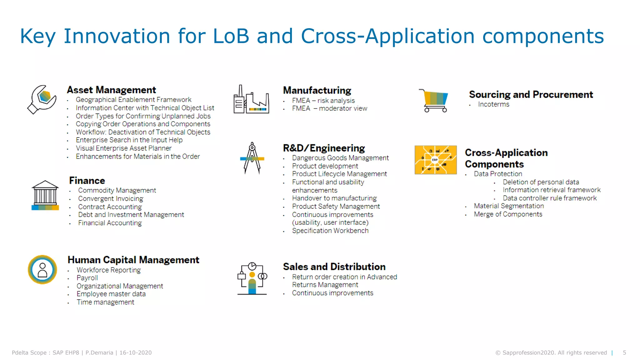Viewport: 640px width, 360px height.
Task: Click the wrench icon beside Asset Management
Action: point(42,99)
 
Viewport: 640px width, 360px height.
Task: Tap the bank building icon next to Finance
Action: point(45,195)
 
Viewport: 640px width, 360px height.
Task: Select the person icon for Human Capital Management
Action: point(42,270)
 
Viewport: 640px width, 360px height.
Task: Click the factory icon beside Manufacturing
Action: point(251,100)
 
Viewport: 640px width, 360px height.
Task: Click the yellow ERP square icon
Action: point(435,160)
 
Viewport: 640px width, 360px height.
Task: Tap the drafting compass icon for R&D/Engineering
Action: point(252,158)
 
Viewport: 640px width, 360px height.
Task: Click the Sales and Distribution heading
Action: point(334,267)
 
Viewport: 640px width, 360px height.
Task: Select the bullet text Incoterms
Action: point(493,104)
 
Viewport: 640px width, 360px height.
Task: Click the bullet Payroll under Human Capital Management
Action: point(87,278)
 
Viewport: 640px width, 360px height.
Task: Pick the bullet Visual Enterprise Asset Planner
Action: point(123,148)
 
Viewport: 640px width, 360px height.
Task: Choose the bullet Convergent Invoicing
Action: point(111,198)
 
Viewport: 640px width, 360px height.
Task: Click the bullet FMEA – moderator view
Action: point(329,108)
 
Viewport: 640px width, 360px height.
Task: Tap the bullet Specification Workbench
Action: point(330,231)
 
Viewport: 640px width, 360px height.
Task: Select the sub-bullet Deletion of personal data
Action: point(541,182)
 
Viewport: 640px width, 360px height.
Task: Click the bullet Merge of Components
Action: point(508,214)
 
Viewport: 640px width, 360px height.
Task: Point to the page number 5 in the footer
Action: point(624,352)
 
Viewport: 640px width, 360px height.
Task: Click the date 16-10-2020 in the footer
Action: point(135,352)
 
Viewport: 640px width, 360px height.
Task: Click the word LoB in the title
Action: point(231,36)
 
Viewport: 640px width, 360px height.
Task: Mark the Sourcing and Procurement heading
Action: point(531,94)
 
